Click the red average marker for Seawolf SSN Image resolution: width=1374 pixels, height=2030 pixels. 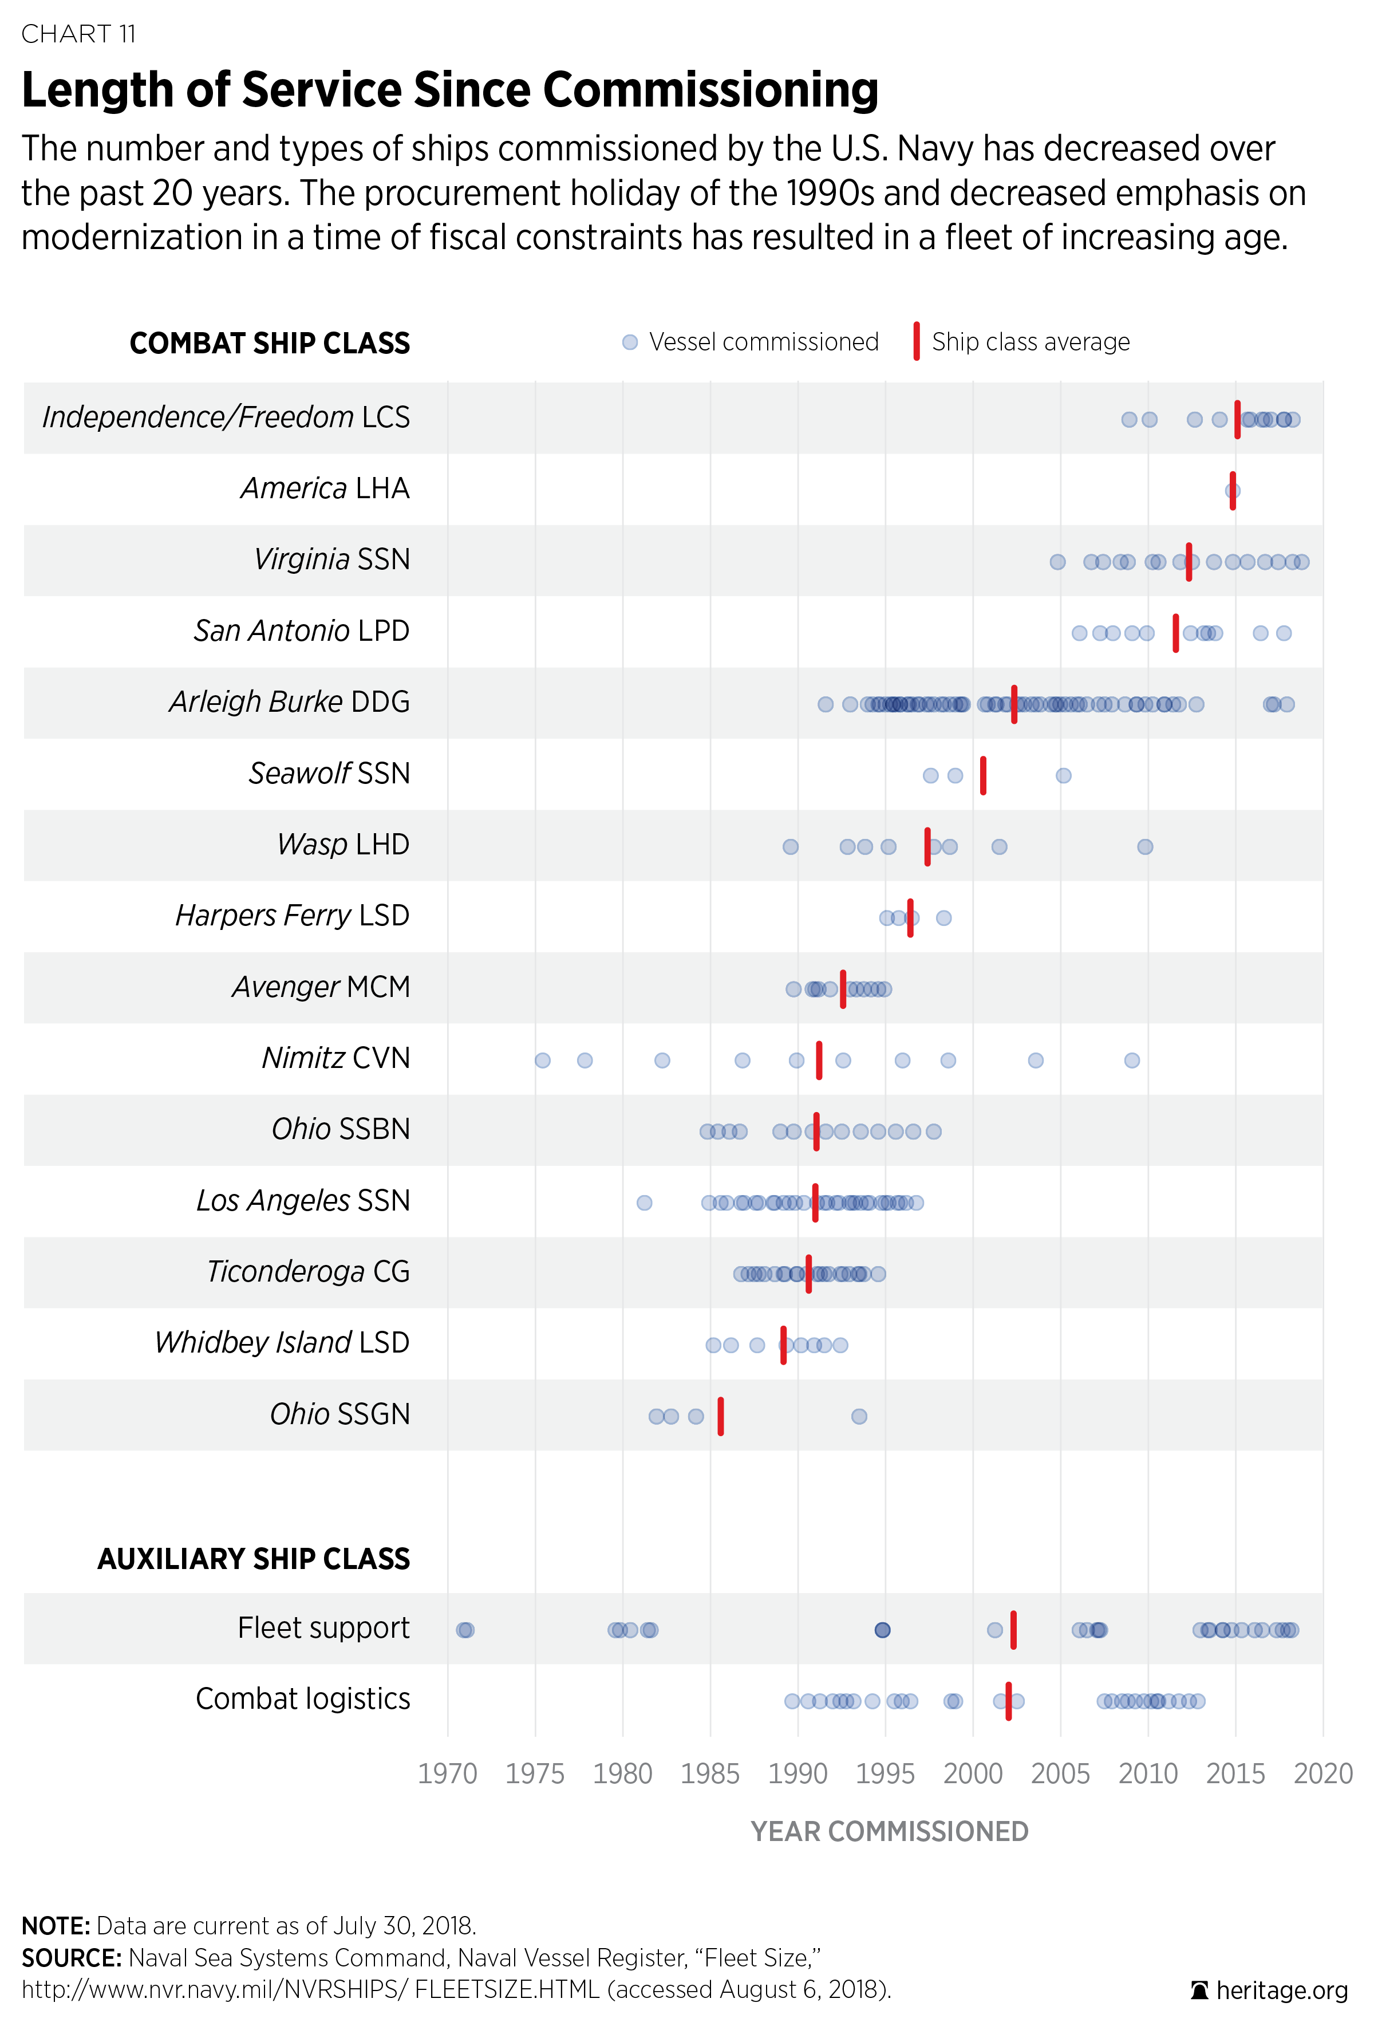982,775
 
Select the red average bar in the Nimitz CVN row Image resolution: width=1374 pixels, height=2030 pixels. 819,1059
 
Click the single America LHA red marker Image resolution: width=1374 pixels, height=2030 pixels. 1233,490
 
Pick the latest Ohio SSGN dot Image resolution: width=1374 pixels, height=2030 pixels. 859,1416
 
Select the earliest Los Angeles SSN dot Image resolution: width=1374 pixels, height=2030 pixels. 643,1203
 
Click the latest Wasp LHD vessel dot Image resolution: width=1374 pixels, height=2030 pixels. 1145,846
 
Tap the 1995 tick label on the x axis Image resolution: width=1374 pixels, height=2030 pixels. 885,1773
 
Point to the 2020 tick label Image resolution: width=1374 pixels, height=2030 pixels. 1322,1773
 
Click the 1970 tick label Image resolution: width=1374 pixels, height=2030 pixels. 447,1773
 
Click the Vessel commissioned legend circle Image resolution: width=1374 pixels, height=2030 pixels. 630,342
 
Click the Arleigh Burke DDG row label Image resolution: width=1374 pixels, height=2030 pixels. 289,701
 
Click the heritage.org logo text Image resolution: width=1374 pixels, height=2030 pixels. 1281,1990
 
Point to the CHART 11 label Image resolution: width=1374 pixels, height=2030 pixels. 78,33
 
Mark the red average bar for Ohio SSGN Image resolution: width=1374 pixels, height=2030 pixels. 721,1416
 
